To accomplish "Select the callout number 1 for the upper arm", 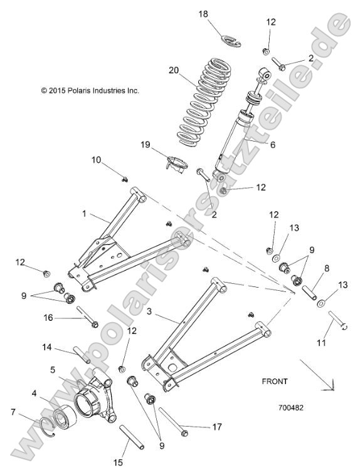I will pyautogui.click(x=84, y=214).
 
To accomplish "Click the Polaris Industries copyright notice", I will pyautogui.click(x=90, y=90).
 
